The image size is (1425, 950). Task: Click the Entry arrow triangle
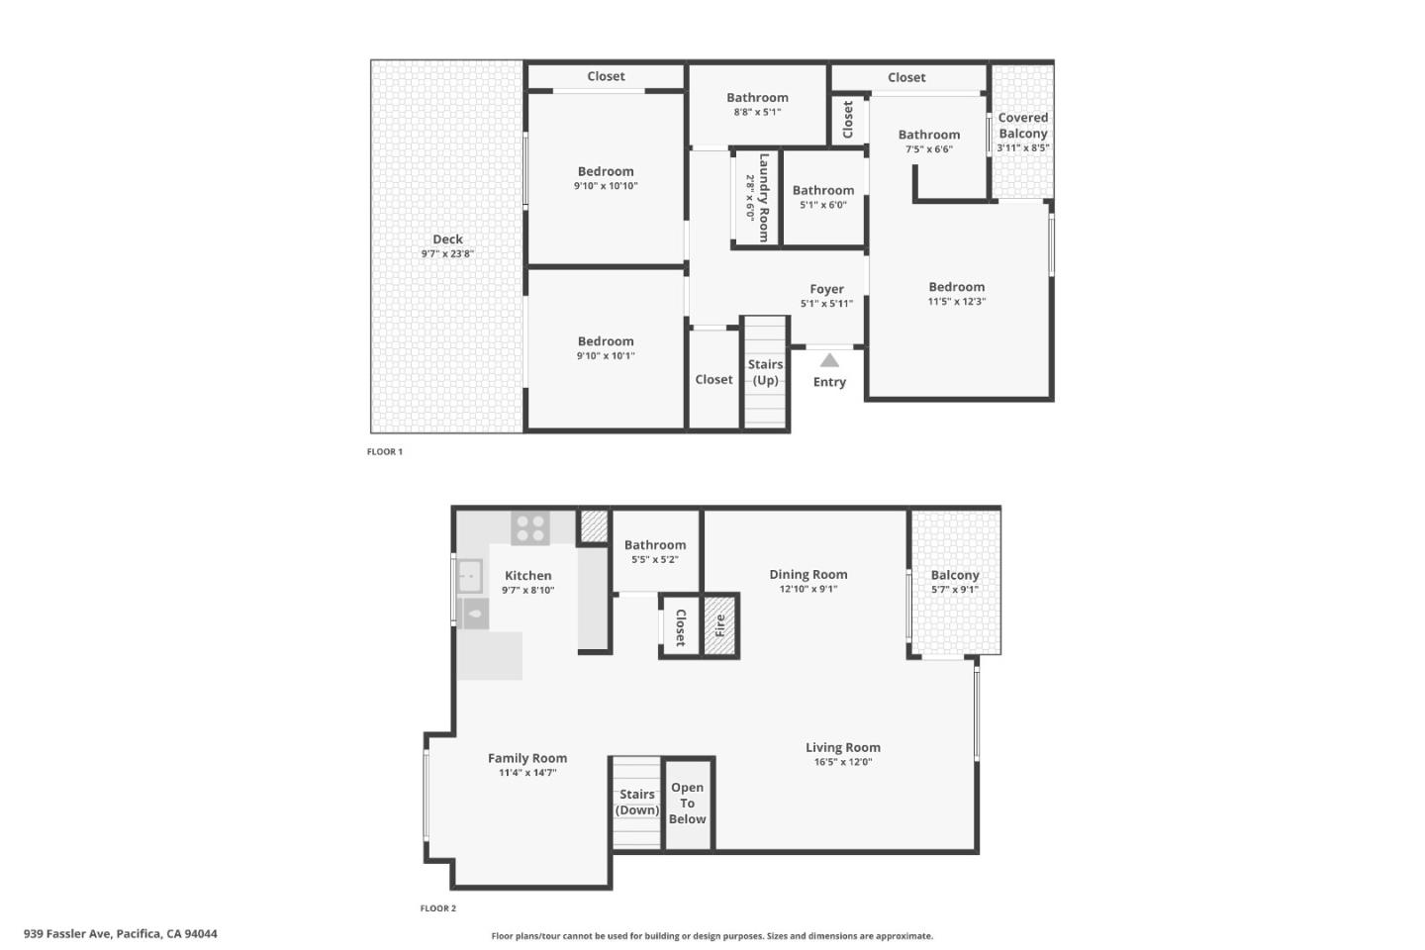[829, 361]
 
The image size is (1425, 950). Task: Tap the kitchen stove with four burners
[529, 527]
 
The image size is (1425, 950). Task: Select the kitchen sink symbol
[469, 576]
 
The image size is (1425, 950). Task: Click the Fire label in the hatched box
[720, 625]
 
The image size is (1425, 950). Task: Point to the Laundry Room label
[763, 197]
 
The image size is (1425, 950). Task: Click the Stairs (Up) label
[765, 372]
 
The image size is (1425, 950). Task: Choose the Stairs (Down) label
[637, 802]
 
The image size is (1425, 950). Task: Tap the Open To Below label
[688, 803]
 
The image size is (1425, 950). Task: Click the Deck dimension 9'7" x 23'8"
[447, 254]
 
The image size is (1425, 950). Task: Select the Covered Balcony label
[1022, 126]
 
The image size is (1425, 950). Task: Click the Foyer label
[826, 289]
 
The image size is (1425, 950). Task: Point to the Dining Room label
[808, 574]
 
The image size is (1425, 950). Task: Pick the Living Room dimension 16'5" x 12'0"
[842, 762]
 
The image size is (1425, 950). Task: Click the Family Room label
[527, 758]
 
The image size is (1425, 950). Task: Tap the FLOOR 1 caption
[385, 451]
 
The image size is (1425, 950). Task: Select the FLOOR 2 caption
[438, 908]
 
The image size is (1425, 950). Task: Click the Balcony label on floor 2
[955, 575]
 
